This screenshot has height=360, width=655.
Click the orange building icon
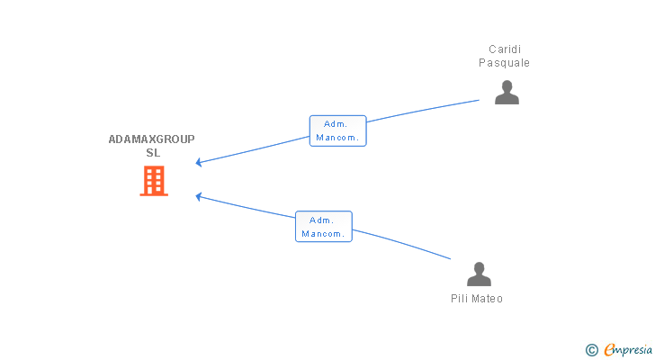(154, 181)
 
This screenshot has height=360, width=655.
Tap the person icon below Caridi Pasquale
(507, 93)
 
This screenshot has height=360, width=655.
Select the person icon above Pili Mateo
(479, 274)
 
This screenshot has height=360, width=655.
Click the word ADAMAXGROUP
(152, 139)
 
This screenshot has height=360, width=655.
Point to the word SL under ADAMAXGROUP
(153, 153)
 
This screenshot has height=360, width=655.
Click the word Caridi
(505, 49)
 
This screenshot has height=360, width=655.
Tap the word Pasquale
(504, 63)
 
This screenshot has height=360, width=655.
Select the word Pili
(459, 299)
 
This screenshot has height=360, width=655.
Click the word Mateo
(487, 299)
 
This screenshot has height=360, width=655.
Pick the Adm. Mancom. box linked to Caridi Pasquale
(338, 130)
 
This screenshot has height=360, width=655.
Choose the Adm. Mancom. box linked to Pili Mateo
(324, 227)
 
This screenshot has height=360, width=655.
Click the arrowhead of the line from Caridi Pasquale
(199, 163)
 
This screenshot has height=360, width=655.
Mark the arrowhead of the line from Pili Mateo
(199, 196)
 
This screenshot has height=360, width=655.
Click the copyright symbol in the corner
(591, 350)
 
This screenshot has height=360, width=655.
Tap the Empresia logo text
(628, 350)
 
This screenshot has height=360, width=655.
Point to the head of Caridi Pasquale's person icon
(507, 86)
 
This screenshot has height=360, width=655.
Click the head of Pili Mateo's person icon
(480, 268)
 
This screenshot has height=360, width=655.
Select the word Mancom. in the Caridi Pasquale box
(337, 138)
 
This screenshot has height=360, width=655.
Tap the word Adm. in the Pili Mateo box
(322, 220)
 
